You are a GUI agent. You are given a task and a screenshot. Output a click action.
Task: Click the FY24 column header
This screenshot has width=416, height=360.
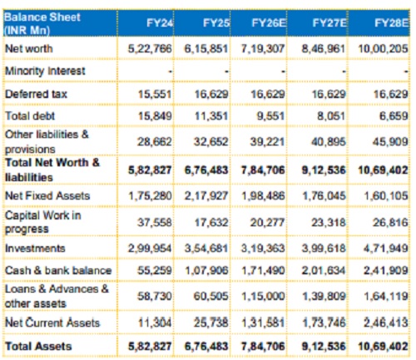[160, 22]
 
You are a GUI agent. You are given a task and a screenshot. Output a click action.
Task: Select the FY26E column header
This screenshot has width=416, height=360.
[268, 22]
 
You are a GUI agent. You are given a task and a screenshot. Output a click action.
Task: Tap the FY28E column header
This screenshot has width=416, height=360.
[391, 22]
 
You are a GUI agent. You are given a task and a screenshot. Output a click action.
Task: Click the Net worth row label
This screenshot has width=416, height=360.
[29, 48]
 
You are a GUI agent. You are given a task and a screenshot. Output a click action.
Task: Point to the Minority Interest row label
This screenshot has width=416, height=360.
[45, 71]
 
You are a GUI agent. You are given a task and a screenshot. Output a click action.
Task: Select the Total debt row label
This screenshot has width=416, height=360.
[30, 116]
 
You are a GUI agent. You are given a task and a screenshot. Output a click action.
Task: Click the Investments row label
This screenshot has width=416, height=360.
[35, 248]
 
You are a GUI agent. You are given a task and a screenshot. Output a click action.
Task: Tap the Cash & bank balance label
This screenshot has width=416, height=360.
[58, 270]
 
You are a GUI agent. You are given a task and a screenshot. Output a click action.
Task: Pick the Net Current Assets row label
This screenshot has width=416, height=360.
[52, 323]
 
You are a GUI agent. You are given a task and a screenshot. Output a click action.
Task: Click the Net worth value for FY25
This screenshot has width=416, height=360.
[206, 49]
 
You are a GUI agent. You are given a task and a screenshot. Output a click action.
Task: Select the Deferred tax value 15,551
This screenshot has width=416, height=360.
[155, 94]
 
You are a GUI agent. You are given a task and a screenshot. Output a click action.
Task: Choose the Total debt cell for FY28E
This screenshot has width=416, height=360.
[394, 116]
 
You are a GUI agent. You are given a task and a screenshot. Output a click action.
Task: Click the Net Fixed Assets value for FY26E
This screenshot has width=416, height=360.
[263, 196]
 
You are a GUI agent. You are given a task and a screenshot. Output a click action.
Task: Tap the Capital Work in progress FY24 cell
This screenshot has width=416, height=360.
[154, 222]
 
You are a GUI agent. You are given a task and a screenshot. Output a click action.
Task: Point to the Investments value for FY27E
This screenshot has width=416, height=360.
[324, 248]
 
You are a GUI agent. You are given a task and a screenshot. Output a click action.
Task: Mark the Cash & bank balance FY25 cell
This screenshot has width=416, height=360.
[206, 270]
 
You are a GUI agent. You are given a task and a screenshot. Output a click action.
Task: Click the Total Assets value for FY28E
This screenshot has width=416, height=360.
[383, 346]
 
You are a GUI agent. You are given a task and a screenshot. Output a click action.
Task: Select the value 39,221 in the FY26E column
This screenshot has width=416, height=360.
[267, 142]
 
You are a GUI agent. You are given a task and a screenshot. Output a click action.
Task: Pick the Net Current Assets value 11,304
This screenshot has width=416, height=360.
[155, 323]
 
